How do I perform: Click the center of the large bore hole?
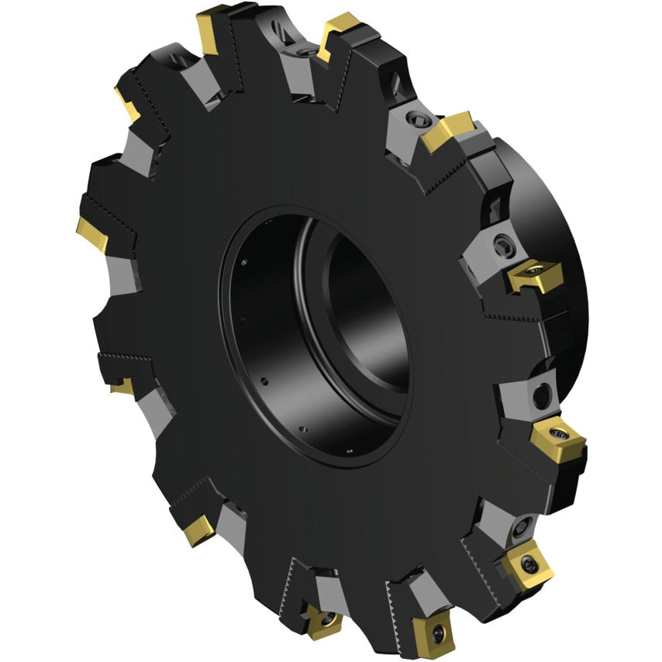pyautogui.click(x=326, y=333)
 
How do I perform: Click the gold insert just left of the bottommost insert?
pyautogui.click(x=323, y=619)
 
